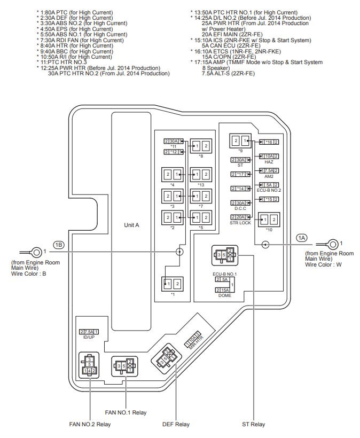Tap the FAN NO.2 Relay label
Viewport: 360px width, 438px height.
pos(90,425)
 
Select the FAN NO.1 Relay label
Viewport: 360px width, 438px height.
pos(126,412)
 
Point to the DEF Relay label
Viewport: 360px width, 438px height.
pos(175,425)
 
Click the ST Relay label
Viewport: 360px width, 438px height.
pos(253,425)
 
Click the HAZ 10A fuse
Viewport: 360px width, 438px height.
pos(269,156)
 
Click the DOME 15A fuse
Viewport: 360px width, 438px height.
pos(224,290)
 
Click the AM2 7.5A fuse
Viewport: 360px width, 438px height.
pos(269,170)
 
